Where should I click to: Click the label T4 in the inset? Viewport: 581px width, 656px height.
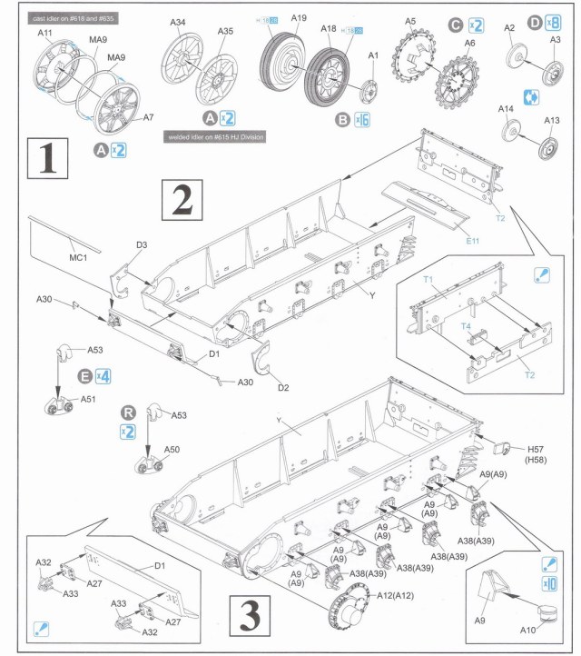[467, 325]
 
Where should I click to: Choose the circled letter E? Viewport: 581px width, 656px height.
[84, 375]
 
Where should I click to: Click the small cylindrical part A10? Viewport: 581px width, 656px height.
[546, 614]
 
